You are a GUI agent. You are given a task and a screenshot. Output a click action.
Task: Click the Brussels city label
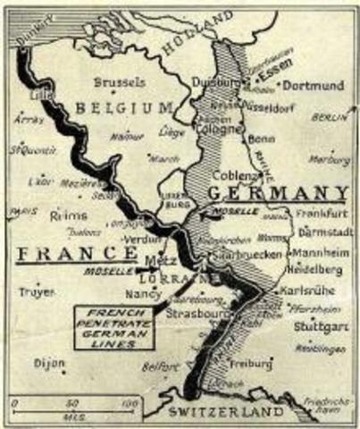pyautogui.click(x=119, y=81)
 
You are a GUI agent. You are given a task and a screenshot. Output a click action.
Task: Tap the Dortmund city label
pyautogui.click(x=314, y=86)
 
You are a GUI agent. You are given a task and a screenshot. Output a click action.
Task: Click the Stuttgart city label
pyautogui.click(x=319, y=327)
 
